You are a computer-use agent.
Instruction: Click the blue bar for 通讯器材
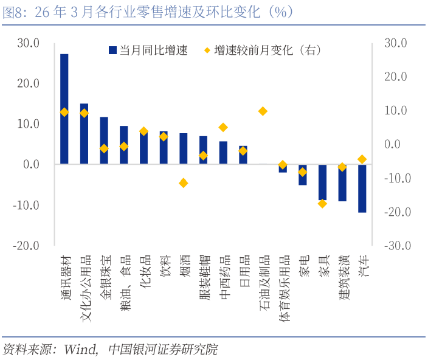pos(64,109)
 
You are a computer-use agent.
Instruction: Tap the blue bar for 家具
pos(323,182)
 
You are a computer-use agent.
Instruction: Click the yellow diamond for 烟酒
pos(183,183)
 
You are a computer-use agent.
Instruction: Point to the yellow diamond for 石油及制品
pos(263,111)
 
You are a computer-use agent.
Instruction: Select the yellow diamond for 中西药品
pos(223,127)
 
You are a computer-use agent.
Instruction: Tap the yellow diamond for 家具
pos(323,204)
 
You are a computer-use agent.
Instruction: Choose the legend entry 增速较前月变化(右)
pos(261,50)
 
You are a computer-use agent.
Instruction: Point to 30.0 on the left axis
pos(28,43)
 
